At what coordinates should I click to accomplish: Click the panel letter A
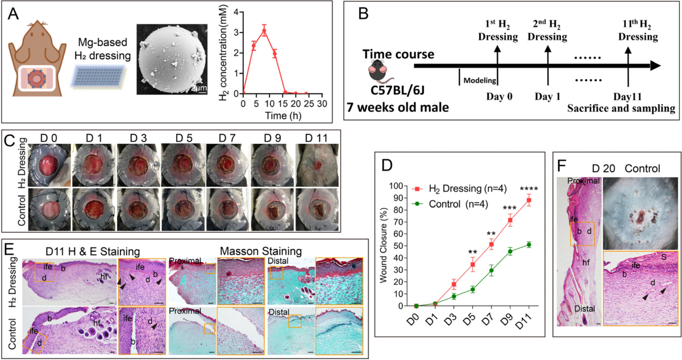pos(13,14)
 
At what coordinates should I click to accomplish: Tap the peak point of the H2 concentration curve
pos(264,31)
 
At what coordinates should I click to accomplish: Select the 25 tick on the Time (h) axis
pos(309,104)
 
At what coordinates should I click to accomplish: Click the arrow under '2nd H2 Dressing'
pos(548,65)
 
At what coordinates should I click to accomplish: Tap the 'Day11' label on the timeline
pos(627,97)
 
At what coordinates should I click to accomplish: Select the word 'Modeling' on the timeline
pos(480,80)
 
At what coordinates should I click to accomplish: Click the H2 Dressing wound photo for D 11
pos(317,165)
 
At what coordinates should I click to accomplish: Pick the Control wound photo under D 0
pos(49,209)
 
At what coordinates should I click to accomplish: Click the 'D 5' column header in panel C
pos(184,138)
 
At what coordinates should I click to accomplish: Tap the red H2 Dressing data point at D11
pos(529,200)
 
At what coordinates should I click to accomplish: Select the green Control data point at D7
pos(492,270)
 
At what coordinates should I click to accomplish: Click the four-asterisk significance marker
pos(529,189)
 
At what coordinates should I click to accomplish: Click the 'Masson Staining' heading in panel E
pos(261,251)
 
